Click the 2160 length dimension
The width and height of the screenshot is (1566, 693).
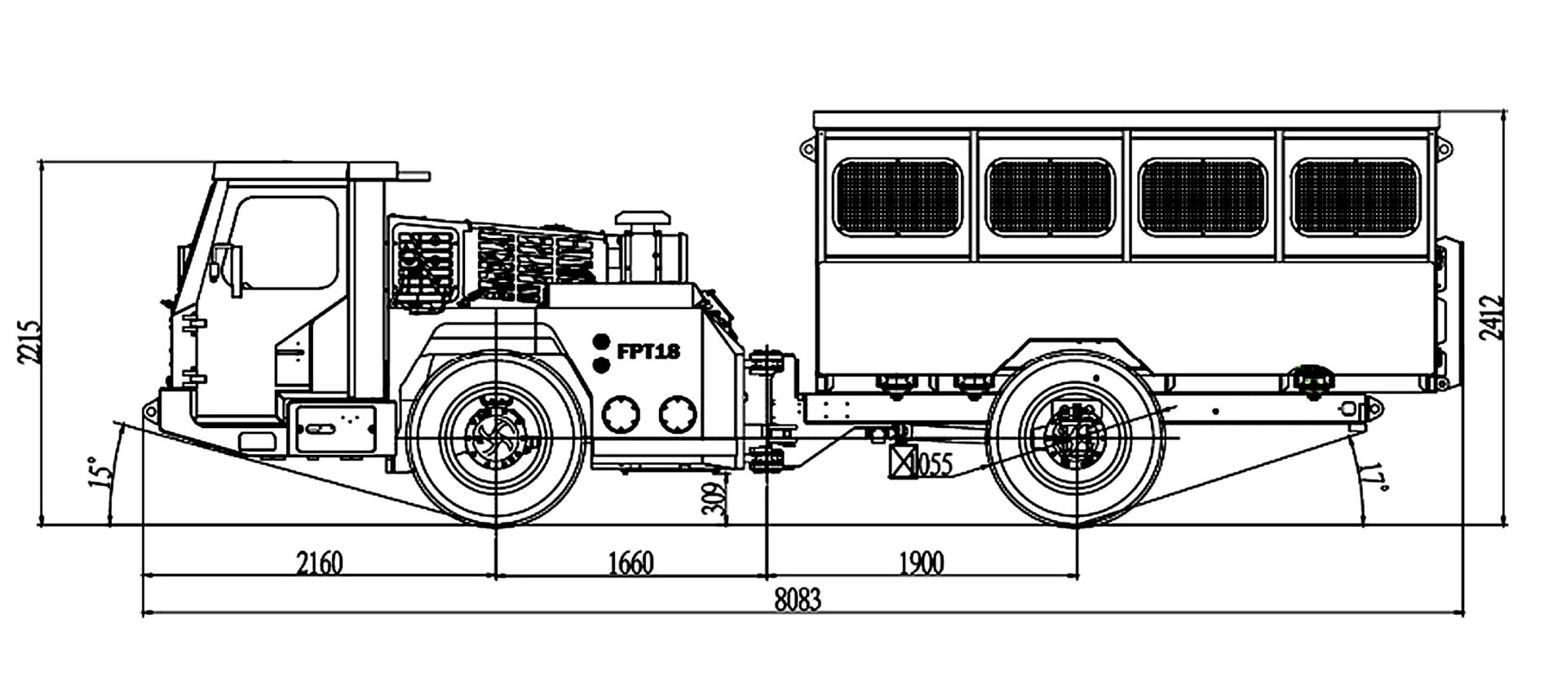[x=319, y=563]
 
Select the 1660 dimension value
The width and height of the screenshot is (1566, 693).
[x=630, y=563]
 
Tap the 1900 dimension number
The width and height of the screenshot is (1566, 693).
[x=922, y=563]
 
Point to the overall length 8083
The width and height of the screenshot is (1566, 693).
[x=798, y=600]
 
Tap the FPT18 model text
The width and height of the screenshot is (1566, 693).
[x=648, y=351]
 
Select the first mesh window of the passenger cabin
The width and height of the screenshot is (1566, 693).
[x=897, y=197]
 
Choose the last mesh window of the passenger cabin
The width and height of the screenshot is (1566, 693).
[x=1356, y=197]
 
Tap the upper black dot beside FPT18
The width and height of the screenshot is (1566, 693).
[x=601, y=341]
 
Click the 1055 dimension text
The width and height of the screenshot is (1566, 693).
[x=931, y=465]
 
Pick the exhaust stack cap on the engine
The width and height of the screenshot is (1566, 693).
[x=643, y=218]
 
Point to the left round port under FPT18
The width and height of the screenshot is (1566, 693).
[x=621, y=414]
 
